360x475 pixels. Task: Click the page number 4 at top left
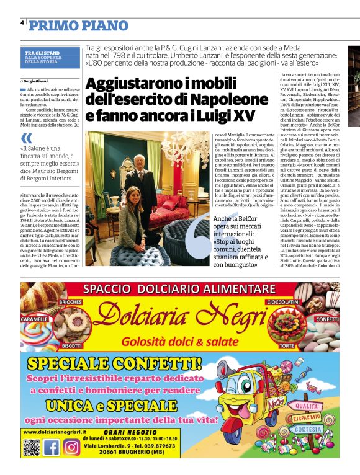click(x=22, y=22)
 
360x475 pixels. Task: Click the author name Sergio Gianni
click(x=39, y=81)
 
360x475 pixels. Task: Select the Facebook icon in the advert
click(x=52, y=447)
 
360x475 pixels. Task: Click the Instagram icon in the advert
click(x=71, y=447)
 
